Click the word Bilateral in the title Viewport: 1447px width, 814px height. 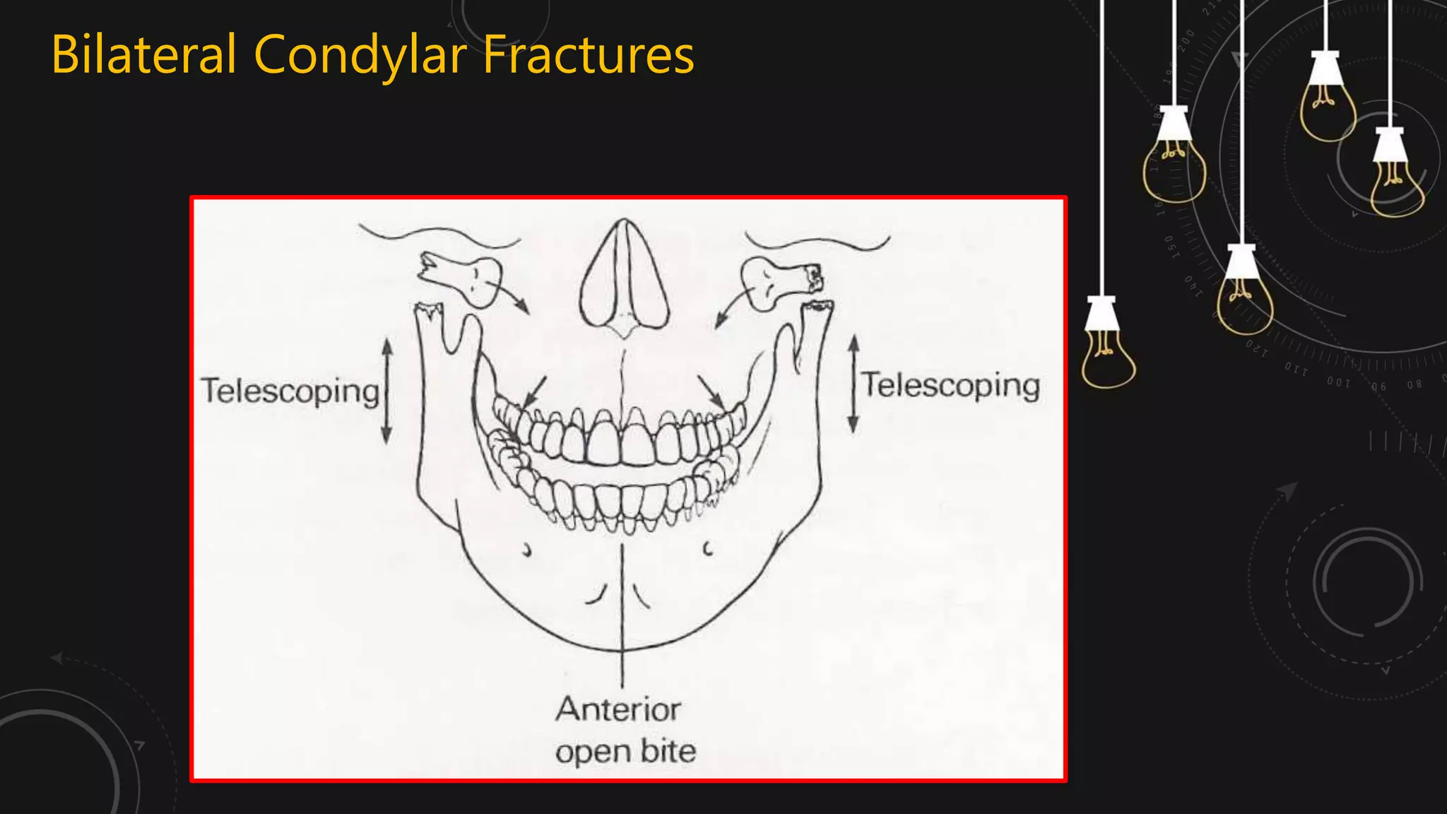pos(143,55)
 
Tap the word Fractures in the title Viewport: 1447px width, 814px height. pos(589,55)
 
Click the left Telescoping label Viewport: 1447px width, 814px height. pos(290,391)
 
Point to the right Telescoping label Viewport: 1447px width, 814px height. pos(951,386)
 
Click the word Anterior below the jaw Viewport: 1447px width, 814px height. pos(618,709)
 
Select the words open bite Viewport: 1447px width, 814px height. pos(625,751)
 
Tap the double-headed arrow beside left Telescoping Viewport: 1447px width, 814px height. pos(386,391)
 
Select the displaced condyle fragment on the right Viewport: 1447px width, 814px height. pos(779,281)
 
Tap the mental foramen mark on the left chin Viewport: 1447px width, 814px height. pos(526,550)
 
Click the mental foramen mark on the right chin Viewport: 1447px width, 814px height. pos(708,548)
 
